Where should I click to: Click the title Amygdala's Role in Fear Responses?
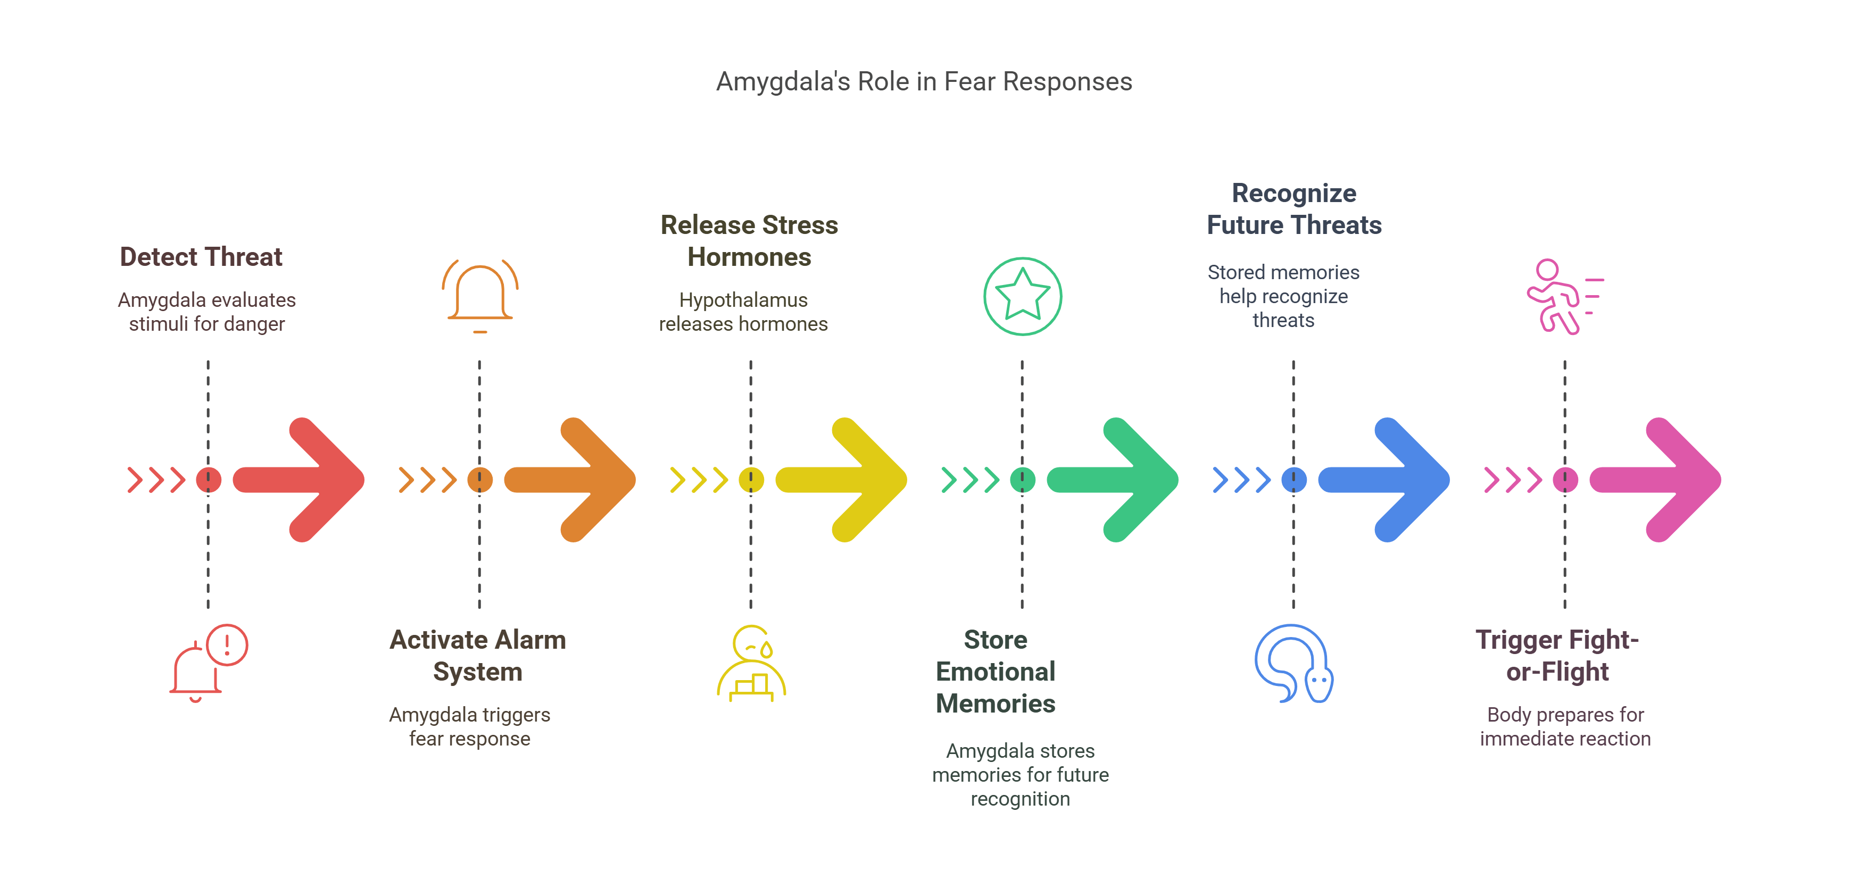pyautogui.click(x=924, y=82)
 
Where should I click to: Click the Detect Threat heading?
pyautogui.click(x=201, y=257)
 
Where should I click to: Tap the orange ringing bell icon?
pyautogui.click(x=480, y=296)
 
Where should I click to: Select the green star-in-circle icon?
pyautogui.click(x=1022, y=296)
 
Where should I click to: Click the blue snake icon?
pyautogui.click(x=1294, y=664)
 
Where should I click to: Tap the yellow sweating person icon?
pyautogui.click(x=751, y=664)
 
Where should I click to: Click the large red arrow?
pyautogui.click(x=302, y=479)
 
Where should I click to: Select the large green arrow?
pyautogui.click(x=1116, y=479)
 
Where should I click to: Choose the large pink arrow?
pyautogui.click(x=1658, y=479)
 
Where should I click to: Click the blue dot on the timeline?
pyautogui.click(x=1294, y=479)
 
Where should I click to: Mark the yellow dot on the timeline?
pyautogui.click(x=751, y=479)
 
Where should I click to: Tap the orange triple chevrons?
pyautogui.click(x=428, y=479)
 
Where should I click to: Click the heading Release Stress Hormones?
pyautogui.click(x=749, y=241)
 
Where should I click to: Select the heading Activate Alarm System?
pyautogui.click(x=477, y=656)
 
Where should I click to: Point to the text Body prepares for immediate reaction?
pyautogui.click(x=1565, y=727)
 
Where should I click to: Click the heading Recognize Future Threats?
pyautogui.click(x=1294, y=209)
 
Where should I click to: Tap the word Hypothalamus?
pyautogui.click(x=743, y=300)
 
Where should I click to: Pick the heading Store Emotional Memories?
pyautogui.click(x=996, y=672)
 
